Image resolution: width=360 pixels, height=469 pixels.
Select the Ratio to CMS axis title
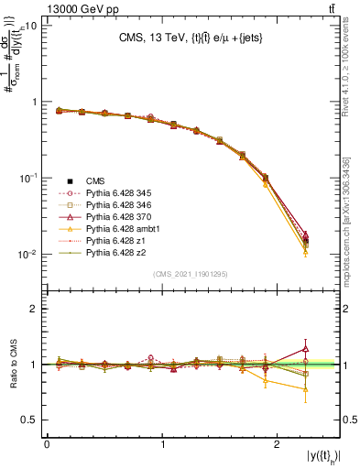[x=13, y=365]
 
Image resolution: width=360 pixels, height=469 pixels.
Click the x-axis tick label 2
[x=279, y=443]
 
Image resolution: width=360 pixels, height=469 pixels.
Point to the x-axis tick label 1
[x=163, y=443]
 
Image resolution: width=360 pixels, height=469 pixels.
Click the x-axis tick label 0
[x=47, y=443]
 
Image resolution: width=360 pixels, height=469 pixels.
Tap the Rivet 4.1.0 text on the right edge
[x=352, y=78]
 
